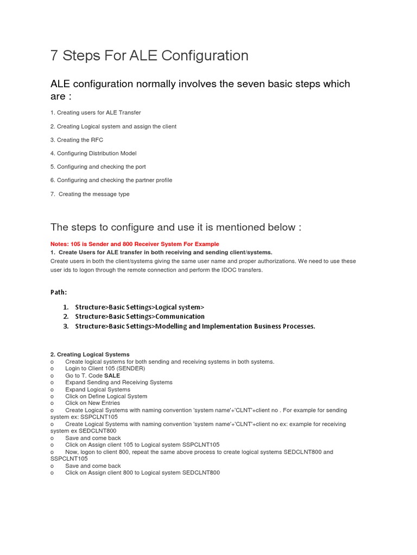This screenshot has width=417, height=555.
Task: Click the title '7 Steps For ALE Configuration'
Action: pyautogui.click(x=149, y=56)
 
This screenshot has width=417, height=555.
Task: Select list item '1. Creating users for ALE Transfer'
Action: pyautogui.click(x=96, y=113)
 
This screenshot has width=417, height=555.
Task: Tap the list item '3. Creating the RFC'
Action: pyautogui.click(x=77, y=140)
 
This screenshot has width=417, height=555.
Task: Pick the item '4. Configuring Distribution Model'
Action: pyautogui.click(x=93, y=153)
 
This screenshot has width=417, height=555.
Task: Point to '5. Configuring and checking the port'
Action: pyautogui.click(x=98, y=167)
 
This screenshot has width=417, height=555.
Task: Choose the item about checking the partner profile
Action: pyautogui.click(x=111, y=180)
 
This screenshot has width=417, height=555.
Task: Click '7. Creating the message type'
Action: pyautogui.click(x=90, y=194)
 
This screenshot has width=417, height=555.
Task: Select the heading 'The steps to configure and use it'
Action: pyautogui.click(x=175, y=227)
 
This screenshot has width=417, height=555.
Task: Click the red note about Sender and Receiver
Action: pyautogui.click(x=135, y=244)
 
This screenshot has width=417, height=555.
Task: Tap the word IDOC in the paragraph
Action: pyautogui.click(x=220, y=270)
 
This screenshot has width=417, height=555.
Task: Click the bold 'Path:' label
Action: pyautogui.click(x=59, y=292)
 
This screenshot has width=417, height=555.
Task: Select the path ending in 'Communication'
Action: pyautogui.click(x=140, y=317)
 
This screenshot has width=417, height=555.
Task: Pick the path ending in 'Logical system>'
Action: pyautogui.click(x=140, y=307)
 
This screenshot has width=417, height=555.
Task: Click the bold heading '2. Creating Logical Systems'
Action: pyautogui.click(x=90, y=354)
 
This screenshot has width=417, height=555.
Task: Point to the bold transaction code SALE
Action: pyautogui.click(x=112, y=376)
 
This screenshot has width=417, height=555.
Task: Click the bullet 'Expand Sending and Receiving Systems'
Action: pyautogui.click(x=118, y=382)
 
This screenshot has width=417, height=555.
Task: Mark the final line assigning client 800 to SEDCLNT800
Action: pyautogui.click(x=142, y=473)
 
